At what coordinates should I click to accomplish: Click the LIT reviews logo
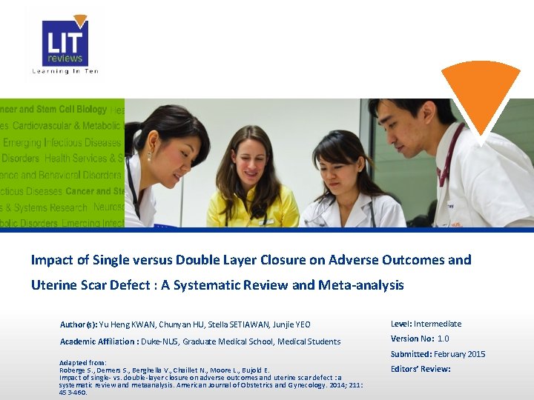tap(65, 42)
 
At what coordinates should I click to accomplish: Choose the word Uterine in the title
tap(54, 285)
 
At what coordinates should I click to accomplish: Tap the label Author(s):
tap(78, 324)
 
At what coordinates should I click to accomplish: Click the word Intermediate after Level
tap(438, 324)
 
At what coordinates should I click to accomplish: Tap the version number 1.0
tap(443, 339)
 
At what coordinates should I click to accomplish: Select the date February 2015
tap(460, 354)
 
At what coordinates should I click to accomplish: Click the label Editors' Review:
tap(421, 369)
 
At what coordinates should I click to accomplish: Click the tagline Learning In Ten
tap(65, 71)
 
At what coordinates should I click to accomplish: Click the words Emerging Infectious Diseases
tap(62, 142)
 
